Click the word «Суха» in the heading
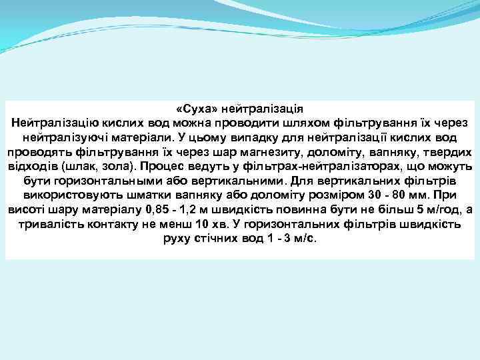coord(197,109)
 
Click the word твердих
coord(448,152)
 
